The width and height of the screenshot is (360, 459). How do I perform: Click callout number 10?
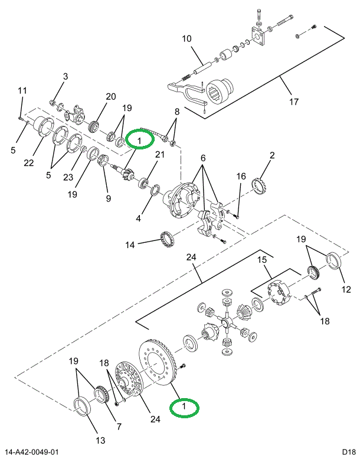186,40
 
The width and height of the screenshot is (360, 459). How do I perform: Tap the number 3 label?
66,76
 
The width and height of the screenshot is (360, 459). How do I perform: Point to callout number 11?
22,90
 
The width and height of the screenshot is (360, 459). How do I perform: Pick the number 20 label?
111,97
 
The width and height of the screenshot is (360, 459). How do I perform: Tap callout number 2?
272,155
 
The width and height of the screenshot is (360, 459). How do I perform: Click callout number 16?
241,177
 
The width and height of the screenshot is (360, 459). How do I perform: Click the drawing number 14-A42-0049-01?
33,452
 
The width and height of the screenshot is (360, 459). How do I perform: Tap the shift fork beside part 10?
182,89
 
